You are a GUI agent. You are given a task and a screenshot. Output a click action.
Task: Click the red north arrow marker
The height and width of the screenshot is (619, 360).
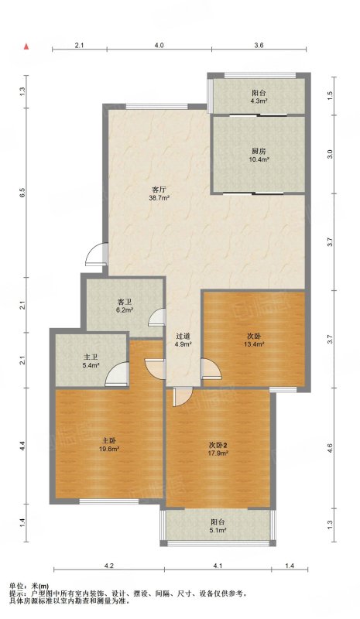[x=26, y=46]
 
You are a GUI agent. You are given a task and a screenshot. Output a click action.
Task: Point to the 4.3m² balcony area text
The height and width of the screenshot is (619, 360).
[x=259, y=101]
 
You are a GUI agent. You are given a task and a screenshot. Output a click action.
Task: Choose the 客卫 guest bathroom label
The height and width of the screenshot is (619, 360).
[x=124, y=302]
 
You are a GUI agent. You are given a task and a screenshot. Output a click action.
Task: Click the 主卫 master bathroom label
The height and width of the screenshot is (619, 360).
[x=91, y=357]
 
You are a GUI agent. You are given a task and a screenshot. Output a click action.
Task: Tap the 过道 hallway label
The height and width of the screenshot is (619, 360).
[x=183, y=337]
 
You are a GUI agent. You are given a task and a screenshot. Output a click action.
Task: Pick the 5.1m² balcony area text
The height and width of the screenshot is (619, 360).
[x=218, y=530]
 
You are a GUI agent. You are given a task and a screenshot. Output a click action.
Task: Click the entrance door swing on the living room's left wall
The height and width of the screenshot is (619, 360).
[x=96, y=254]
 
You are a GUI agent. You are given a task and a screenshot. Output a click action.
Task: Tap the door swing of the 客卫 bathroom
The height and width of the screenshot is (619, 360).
[x=156, y=316]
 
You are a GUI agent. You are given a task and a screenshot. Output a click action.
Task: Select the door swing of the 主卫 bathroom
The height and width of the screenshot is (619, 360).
[x=117, y=374]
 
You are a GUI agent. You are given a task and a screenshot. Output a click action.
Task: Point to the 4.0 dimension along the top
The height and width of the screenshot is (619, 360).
[x=159, y=46]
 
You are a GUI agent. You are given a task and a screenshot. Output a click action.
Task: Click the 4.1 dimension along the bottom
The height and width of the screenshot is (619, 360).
[x=218, y=566]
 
